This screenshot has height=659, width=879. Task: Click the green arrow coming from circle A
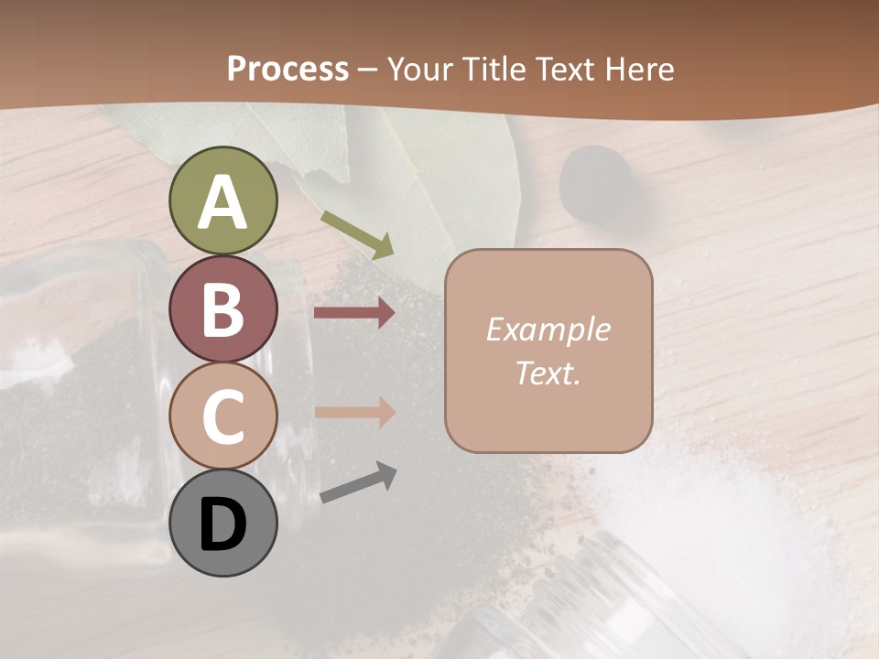[x=357, y=234]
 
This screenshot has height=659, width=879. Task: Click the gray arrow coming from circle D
[x=358, y=482]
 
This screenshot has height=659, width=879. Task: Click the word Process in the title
[x=288, y=69]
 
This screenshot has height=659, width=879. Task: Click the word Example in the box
[x=548, y=329]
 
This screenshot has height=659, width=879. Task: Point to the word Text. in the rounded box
[x=548, y=373]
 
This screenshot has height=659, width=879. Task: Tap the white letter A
[x=222, y=201]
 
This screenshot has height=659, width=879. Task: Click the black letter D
[x=222, y=525]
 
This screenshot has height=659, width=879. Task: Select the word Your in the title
[x=421, y=69]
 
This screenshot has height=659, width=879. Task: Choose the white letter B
[x=222, y=309]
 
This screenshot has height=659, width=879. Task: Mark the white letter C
[x=222, y=417]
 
